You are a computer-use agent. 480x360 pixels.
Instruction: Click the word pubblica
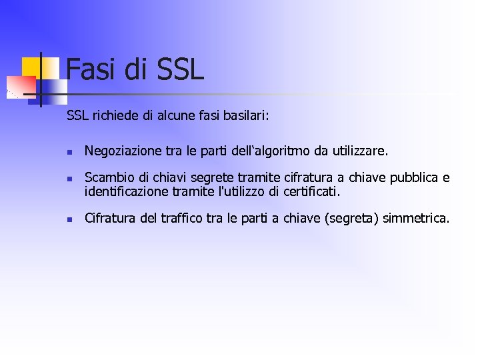[x=414, y=178]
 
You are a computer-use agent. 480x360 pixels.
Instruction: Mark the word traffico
[x=183, y=218]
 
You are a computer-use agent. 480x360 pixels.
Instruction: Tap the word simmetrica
[x=417, y=218]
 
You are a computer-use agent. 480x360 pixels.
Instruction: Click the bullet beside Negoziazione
[x=69, y=153]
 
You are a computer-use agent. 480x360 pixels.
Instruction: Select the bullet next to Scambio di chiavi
[x=69, y=179]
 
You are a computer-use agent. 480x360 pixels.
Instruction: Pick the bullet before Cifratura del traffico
[x=69, y=219]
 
